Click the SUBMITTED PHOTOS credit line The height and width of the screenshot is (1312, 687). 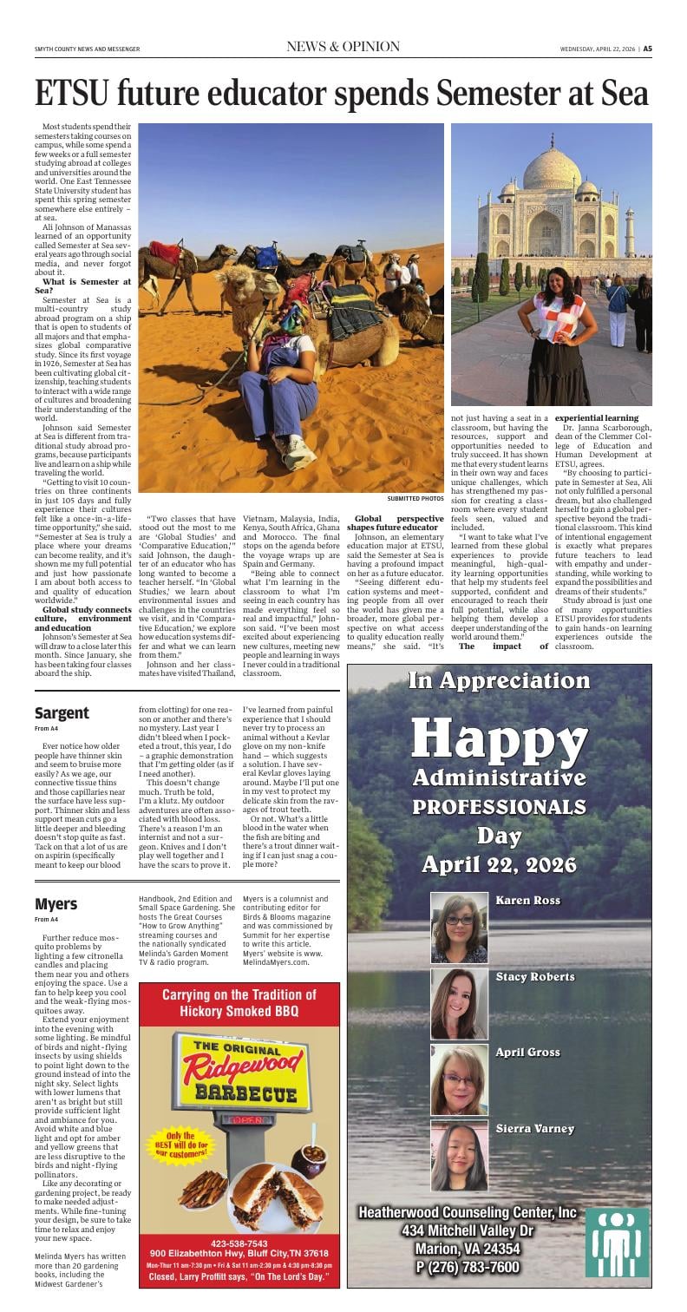[415, 499]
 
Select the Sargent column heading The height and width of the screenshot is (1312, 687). [62, 713]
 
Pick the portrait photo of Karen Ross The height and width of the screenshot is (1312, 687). [459, 928]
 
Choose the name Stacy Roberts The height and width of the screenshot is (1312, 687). [534, 977]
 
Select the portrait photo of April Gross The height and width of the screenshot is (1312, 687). [459, 1079]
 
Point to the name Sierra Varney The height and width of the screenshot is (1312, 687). [534, 1128]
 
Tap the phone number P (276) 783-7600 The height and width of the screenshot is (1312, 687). [468, 1268]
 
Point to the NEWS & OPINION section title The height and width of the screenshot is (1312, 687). [343, 47]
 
